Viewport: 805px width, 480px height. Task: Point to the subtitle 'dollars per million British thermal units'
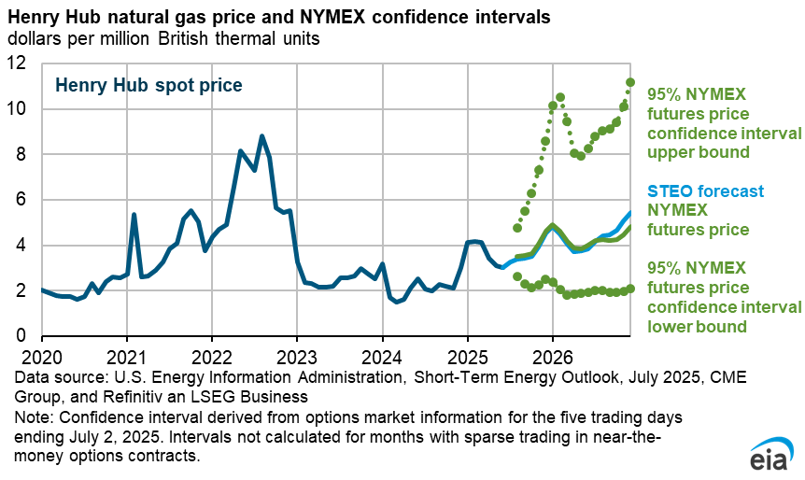pos(162,39)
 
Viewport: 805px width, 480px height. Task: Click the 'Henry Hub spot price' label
pos(148,85)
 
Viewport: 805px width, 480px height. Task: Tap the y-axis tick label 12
pos(19,64)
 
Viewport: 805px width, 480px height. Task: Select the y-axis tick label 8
pos(23,155)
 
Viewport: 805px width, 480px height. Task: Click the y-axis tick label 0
pos(23,337)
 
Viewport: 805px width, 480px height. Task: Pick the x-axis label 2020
pos(40,357)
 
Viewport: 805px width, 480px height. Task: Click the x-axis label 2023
pos(296,357)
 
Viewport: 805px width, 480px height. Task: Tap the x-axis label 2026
pos(552,357)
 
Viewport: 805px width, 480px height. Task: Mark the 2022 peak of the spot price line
pos(261,136)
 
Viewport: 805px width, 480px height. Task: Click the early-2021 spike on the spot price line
pos(134,215)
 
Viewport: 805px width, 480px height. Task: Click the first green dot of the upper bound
pos(517,228)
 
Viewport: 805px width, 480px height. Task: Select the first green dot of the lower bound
pos(517,277)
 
